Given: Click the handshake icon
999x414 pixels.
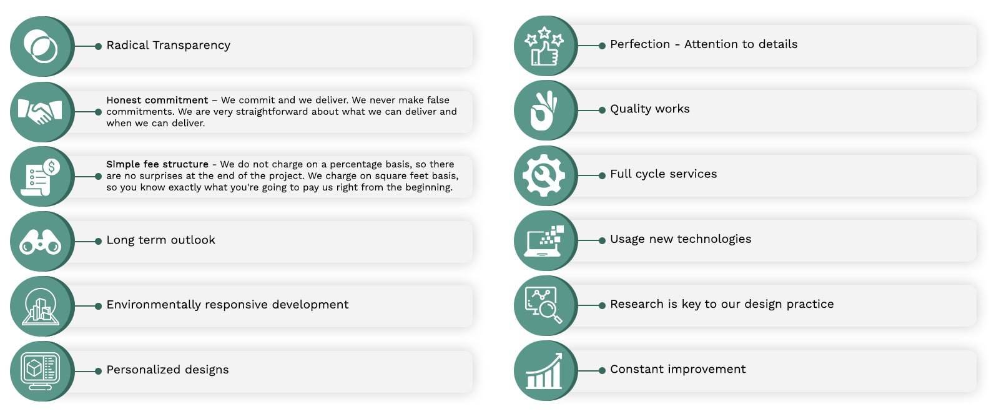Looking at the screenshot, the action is pos(40,112).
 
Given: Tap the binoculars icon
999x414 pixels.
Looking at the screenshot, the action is pos(40,242).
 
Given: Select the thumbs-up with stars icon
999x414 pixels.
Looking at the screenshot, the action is pos(544,46).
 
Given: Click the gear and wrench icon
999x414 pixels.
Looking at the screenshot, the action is pos(544,175).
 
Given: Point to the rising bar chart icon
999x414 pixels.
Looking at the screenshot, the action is pos(544,371).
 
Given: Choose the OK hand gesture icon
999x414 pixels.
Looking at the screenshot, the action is pos(543,111).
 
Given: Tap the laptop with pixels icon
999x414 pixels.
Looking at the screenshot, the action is pos(544,241).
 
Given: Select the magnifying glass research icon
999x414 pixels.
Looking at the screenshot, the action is pos(544,305).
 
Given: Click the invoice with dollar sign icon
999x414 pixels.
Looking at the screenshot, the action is pos(40,177).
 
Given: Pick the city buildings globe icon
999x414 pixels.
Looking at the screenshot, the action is pos(41,307).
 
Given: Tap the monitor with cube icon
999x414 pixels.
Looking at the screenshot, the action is pos(40,371).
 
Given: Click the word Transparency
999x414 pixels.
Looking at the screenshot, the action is pos(191,46).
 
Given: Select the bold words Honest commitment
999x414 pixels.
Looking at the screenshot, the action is pos(157,100).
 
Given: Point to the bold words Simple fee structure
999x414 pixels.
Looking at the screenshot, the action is pos(157,164).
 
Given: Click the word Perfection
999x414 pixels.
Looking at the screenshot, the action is pos(640,44).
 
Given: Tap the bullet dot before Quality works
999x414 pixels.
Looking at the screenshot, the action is pos(602,110).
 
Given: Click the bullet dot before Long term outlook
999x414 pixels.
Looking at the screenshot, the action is pos(98,242).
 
